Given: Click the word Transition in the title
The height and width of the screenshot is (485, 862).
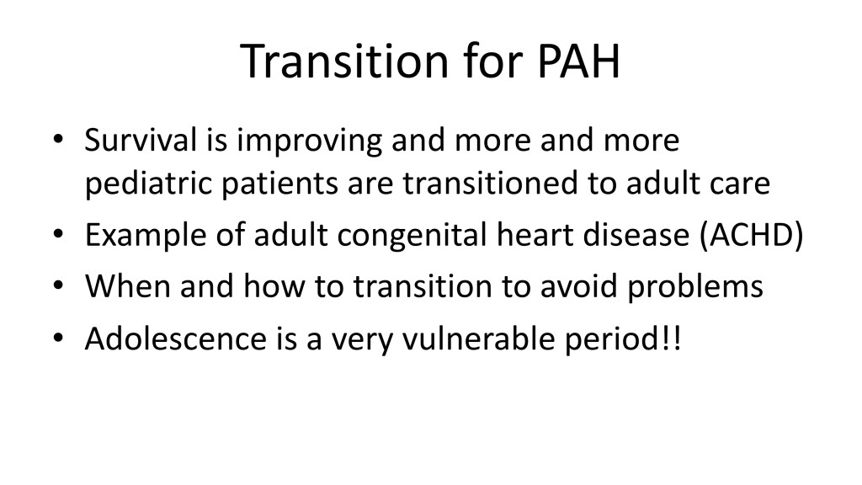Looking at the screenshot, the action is [344, 61].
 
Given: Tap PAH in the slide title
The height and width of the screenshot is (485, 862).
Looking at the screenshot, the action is [579, 61].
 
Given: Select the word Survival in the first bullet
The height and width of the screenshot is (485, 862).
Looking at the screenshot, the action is [141, 140].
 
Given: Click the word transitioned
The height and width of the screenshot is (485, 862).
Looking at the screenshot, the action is [491, 183].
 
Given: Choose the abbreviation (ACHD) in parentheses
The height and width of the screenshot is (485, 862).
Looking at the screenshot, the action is [752, 236].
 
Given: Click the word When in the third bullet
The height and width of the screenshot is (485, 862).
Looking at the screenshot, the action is [128, 286].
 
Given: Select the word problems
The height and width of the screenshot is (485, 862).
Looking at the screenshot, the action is [695, 288].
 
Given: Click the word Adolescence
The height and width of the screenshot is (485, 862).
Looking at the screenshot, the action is [176, 338].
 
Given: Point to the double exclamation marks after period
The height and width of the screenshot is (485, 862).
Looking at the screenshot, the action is [672, 338].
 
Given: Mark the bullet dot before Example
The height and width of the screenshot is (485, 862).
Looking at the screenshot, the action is [58, 234].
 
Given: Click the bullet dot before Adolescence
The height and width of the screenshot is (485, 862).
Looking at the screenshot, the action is [58, 337].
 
